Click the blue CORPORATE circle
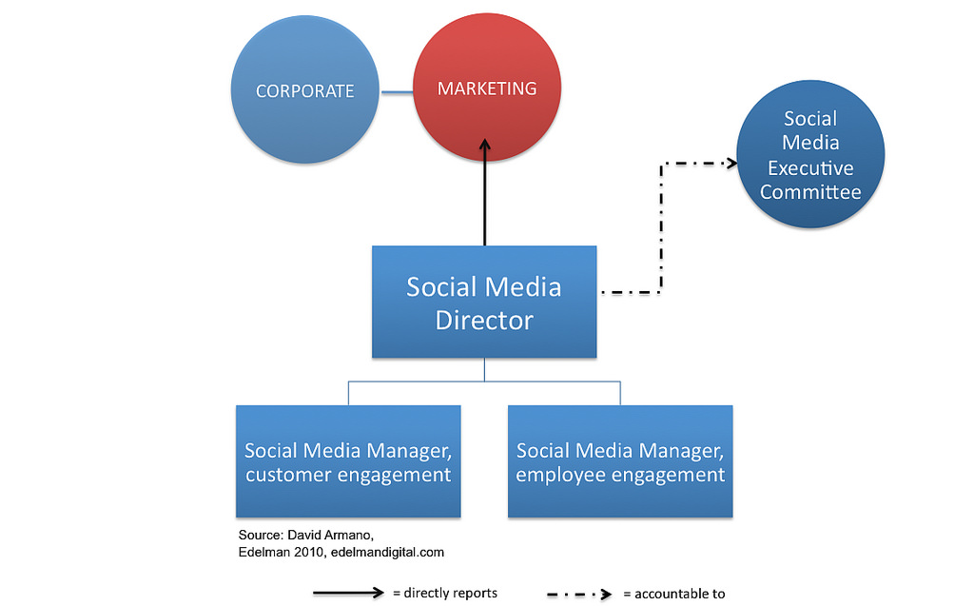pos(304,91)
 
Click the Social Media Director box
pos(484,302)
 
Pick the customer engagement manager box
pos(348,461)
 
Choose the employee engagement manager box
pos(620,461)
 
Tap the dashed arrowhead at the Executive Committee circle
pos(730,163)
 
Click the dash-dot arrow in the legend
pos(578,594)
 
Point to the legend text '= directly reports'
pos(445,593)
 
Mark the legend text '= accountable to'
pos(674,594)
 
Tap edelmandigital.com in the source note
pos(387,552)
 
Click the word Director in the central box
pos(484,320)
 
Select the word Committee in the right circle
pos(810,192)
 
